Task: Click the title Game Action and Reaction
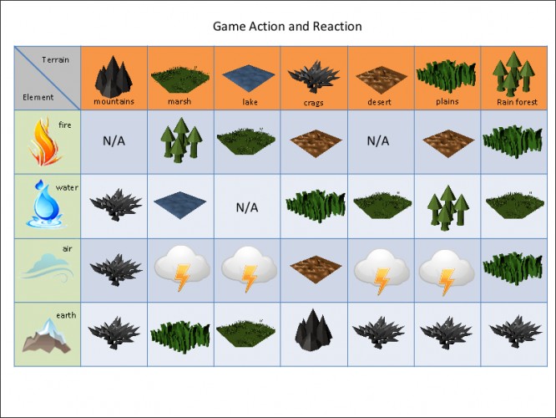point(287,27)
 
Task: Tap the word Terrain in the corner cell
point(55,59)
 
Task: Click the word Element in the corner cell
point(38,97)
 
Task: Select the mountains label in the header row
point(114,101)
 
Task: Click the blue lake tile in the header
point(248,79)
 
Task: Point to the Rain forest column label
point(517,102)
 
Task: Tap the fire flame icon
point(45,141)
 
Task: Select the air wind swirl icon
point(48,268)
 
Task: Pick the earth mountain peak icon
point(47,336)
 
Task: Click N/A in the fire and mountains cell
point(114,141)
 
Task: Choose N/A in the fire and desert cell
point(378,141)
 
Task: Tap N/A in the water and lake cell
point(247,207)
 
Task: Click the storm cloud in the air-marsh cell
point(182,268)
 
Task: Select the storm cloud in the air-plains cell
point(447,272)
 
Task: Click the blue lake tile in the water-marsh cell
point(179,205)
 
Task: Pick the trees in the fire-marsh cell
point(181,140)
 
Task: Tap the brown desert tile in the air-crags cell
point(316,269)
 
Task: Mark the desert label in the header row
point(379,102)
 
